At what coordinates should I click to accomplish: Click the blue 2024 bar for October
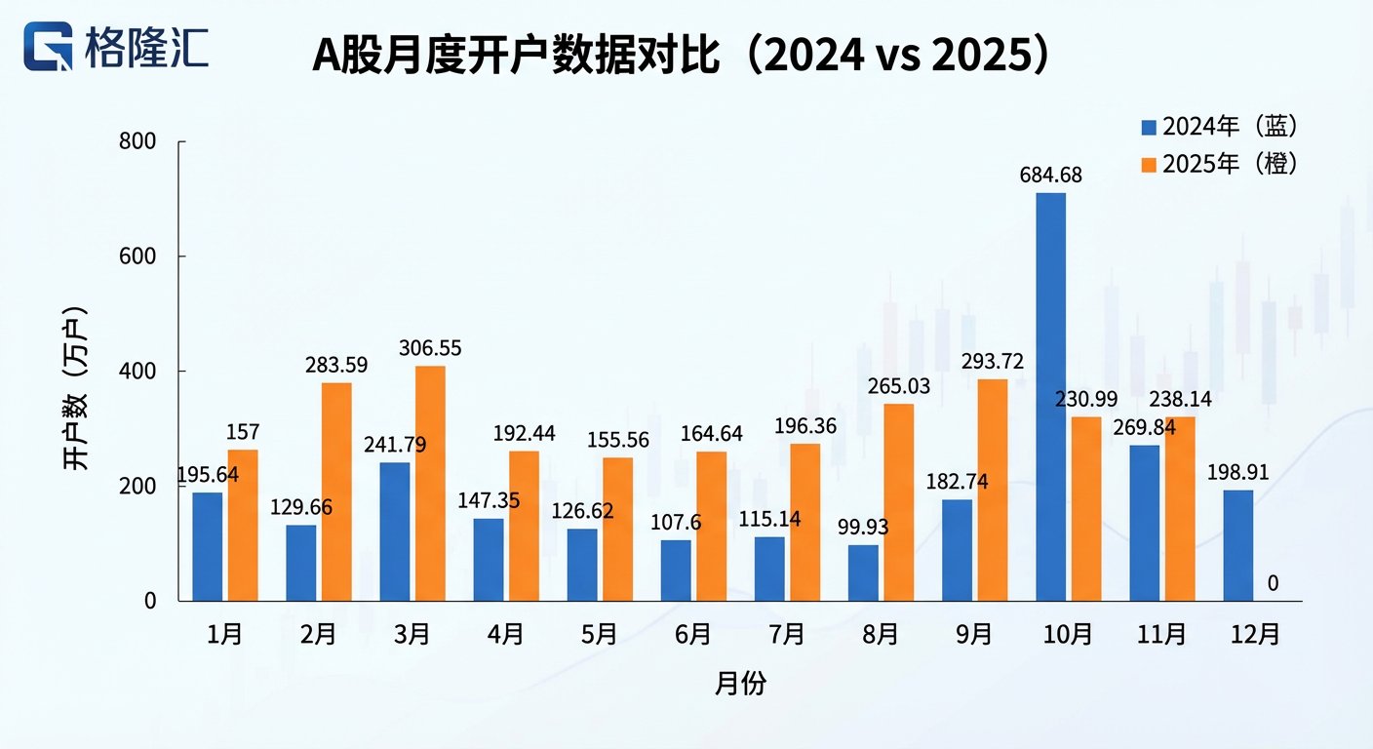[x=1051, y=397]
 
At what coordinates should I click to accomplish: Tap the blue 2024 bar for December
[x=1238, y=545]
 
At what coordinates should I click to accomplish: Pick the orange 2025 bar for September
[x=992, y=490]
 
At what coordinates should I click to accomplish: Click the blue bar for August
[x=863, y=572]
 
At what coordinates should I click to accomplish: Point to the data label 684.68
[x=1050, y=176]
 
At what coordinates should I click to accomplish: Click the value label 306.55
[x=430, y=348]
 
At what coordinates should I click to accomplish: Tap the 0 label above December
[x=1273, y=583]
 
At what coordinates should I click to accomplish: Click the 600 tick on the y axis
[x=137, y=256]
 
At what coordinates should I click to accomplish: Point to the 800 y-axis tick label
[x=137, y=142]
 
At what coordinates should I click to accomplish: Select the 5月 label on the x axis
[x=600, y=635]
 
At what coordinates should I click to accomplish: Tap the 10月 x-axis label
[x=1068, y=635]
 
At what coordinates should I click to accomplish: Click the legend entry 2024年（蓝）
[x=1220, y=127]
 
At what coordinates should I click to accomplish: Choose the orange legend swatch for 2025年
[x=1149, y=165]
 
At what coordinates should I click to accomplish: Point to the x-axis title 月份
[x=740, y=684]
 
